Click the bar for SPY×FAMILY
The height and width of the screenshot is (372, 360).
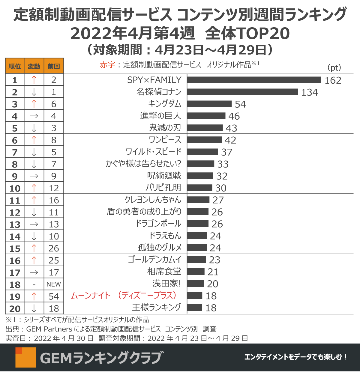254,80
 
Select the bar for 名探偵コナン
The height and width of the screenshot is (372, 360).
242,92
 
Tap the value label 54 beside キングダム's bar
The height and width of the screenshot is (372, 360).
240,104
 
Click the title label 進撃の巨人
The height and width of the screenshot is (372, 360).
160,116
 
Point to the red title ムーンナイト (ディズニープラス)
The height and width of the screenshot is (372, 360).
124,296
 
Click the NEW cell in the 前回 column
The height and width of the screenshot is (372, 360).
54,284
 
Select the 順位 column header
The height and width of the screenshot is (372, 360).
15,66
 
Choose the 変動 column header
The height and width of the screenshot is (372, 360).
34,66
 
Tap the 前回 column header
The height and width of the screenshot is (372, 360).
54,66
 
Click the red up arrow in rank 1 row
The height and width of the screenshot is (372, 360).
34,80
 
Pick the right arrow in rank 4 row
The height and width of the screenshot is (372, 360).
34,116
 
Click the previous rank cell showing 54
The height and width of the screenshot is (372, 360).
54,296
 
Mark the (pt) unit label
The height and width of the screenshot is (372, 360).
334,68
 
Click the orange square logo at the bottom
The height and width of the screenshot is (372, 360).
25,357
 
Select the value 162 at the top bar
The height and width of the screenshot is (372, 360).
333,80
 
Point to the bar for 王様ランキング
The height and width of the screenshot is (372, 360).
195,308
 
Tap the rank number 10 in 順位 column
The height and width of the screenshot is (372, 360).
15,189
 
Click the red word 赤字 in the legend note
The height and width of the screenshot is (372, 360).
107,65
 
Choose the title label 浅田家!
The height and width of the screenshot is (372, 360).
166,284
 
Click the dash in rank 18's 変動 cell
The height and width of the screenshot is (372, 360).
34,284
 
